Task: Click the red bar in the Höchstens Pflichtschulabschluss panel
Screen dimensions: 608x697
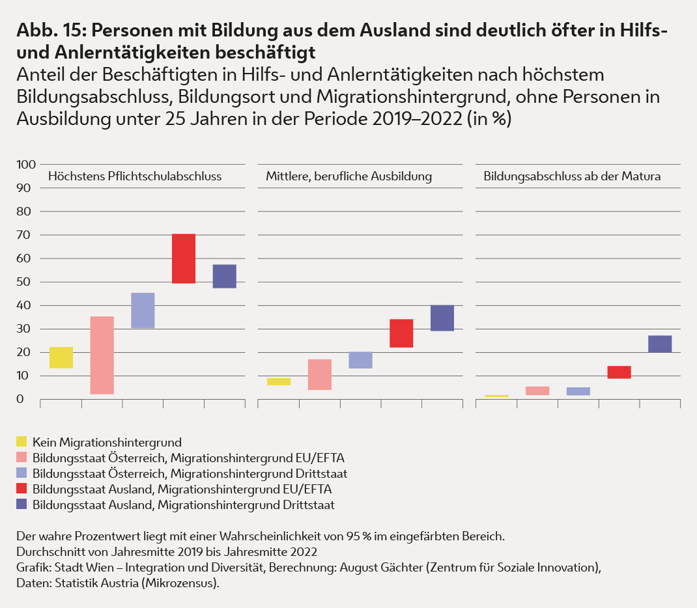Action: tap(184, 258)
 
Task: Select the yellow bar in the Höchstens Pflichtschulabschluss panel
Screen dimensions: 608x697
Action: tap(61, 357)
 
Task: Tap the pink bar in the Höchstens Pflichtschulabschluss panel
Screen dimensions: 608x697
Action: tap(102, 355)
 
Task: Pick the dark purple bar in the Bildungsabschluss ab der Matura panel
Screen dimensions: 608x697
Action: tap(660, 344)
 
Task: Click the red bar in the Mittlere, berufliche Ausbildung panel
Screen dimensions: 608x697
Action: tap(401, 333)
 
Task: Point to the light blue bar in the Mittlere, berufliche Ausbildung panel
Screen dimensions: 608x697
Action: tap(360, 360)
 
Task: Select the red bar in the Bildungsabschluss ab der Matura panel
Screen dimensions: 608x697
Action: tap(619, 372)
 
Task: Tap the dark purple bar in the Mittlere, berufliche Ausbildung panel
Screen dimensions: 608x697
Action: tap(442, 318)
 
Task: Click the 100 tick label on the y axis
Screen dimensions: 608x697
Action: tap(25, 165)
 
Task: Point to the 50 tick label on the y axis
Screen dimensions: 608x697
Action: tap(25, 282)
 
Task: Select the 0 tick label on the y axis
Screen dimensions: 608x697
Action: tap(21, 399)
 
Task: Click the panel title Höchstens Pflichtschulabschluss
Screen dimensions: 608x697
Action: tap(135, 176)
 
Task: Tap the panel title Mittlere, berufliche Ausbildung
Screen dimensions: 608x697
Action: tap(348, 176)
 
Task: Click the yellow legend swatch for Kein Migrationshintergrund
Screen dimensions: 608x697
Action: tap(21, 443)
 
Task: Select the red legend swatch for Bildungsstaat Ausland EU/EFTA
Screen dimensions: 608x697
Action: tap(21, 489)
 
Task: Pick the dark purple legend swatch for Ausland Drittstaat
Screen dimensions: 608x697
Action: tap(21, 504)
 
